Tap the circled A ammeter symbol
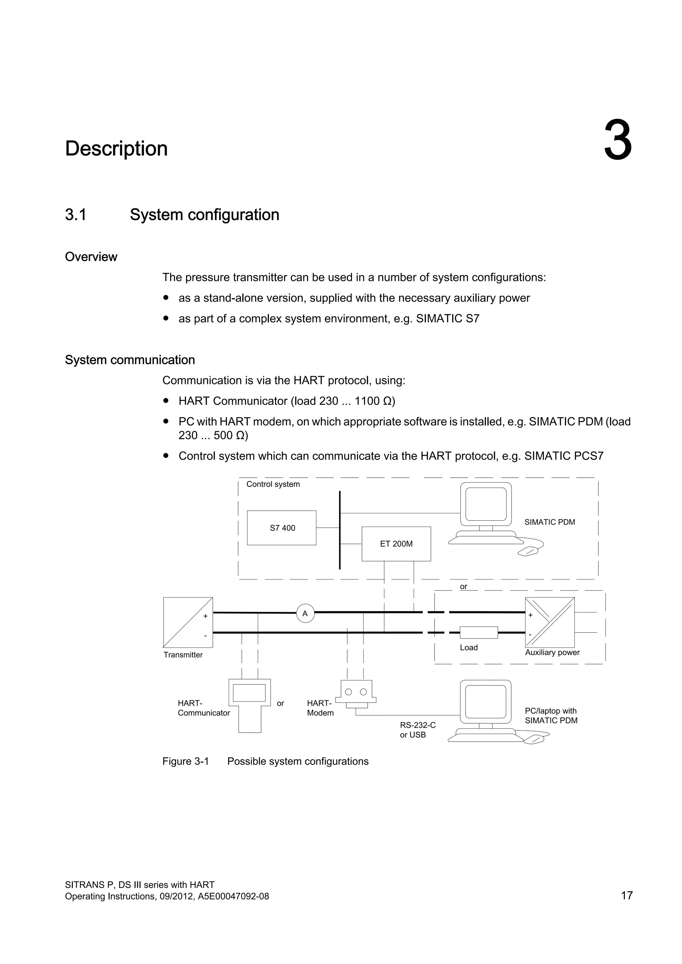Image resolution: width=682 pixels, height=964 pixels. (x=305, y=613)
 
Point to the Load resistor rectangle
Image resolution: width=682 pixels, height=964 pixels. (x=479, y=632)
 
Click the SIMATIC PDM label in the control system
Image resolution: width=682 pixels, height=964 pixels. (x=550, y=522)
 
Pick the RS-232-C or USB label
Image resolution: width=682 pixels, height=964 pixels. (x=418, y=730)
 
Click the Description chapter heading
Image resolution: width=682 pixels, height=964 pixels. (x=116, y=149)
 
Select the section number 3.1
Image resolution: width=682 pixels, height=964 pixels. (x=76, y=215)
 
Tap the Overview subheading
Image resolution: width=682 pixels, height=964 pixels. (x=91, y=257)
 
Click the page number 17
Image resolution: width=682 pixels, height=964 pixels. (x=627, y=895)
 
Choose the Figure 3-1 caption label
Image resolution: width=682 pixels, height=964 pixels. (x=185, y=761)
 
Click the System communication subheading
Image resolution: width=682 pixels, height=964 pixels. (x=130, y=360)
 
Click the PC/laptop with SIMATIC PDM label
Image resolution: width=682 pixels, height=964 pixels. (x=551, y=715)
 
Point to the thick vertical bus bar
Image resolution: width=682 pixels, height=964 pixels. (x=340, y=530)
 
